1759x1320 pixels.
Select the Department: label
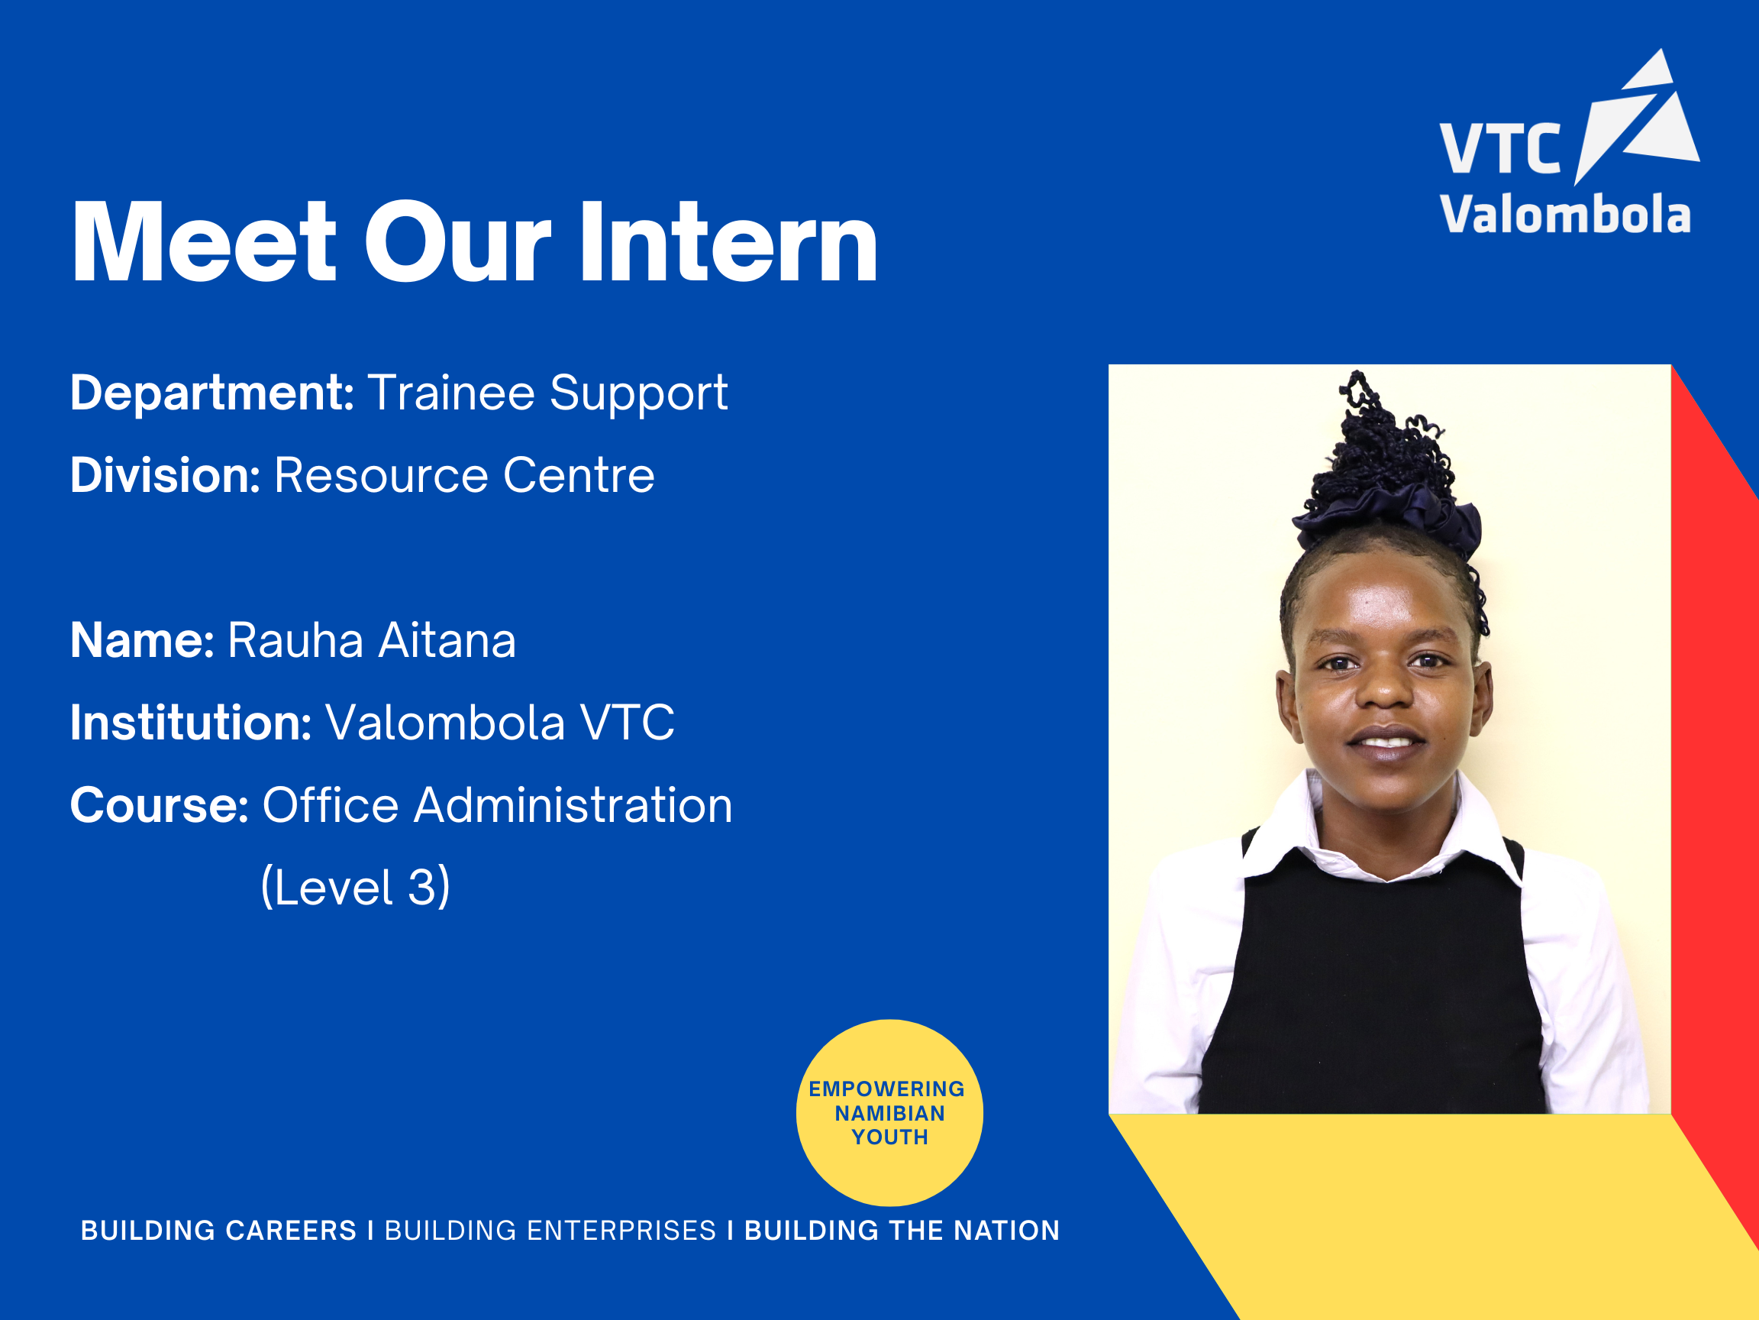click(211, 393)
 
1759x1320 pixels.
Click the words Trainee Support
click(547, 393)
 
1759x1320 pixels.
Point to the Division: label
click(166, 475)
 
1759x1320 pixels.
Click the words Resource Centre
click(464, 475)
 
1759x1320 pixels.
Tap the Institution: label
click(191, 723)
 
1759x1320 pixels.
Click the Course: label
click(160, 805)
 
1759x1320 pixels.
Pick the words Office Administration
click(497, 805)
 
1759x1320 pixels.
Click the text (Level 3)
click(356, 887)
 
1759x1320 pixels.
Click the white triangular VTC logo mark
click(1638, 119)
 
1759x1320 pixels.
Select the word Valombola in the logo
click(1565, 215)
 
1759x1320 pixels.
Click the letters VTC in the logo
click(1499, 149)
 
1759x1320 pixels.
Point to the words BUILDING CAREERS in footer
click(218, 1230)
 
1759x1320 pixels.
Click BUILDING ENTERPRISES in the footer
click(550, 1230)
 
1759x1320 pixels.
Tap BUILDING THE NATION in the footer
click(902, 1230)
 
